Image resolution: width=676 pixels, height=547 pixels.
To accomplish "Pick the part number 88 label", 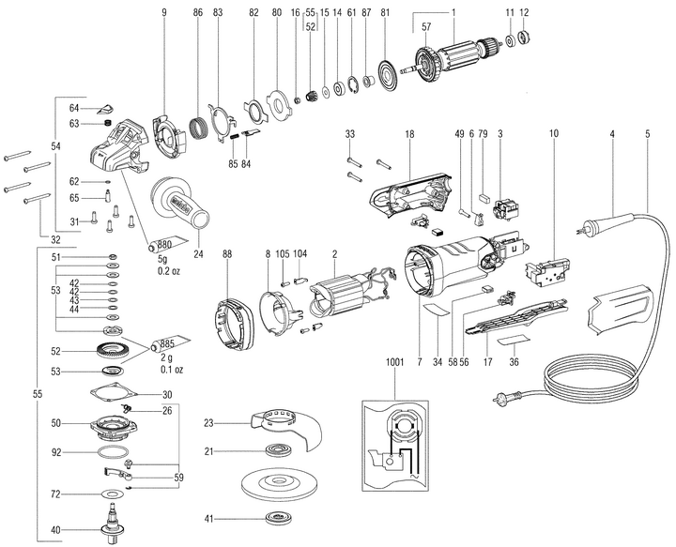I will point(227,254).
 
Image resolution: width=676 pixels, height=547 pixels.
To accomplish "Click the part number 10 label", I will point(555,135).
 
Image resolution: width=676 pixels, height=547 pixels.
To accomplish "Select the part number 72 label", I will point(55,494).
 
